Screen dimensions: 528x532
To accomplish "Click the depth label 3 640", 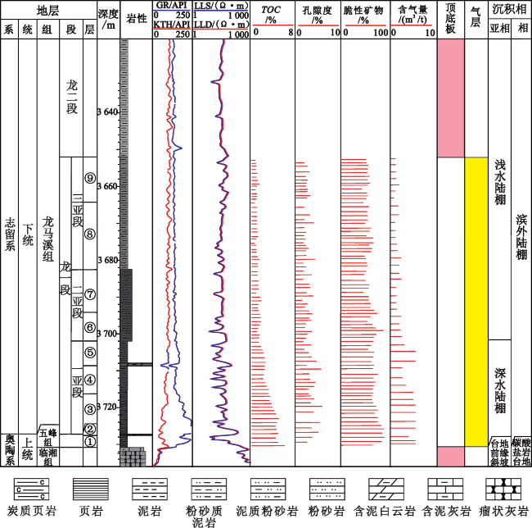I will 108,112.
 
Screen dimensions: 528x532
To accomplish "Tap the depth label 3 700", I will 108,335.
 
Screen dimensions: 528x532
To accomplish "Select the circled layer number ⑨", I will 89,179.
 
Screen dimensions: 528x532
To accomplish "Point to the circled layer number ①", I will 89,441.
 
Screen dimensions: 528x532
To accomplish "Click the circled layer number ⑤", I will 89,353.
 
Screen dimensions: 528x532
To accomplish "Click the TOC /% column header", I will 271,14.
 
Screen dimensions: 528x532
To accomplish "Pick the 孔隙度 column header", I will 317,14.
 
